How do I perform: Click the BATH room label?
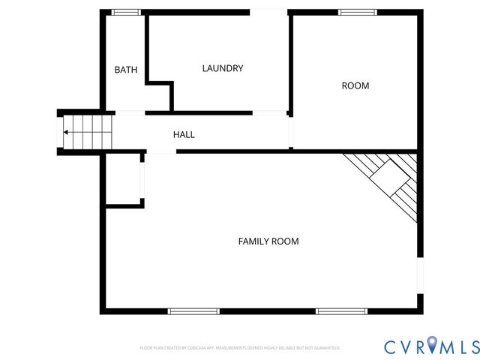pos(125,70)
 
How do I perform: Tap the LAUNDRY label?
pos(223,68)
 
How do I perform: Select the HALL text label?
pos(184,134)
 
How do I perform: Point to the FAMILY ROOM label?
pos(268,241)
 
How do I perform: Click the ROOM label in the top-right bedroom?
pos(355,85)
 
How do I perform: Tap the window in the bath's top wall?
pos(127,12)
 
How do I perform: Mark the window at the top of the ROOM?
pos(358,12)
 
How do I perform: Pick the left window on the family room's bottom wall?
pos(193,310)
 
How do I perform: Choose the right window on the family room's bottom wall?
pos(341,310)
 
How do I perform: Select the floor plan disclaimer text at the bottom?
pos(240,348)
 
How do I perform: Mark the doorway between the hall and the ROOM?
pos(291,132)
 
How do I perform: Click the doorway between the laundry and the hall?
pos(270,113)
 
